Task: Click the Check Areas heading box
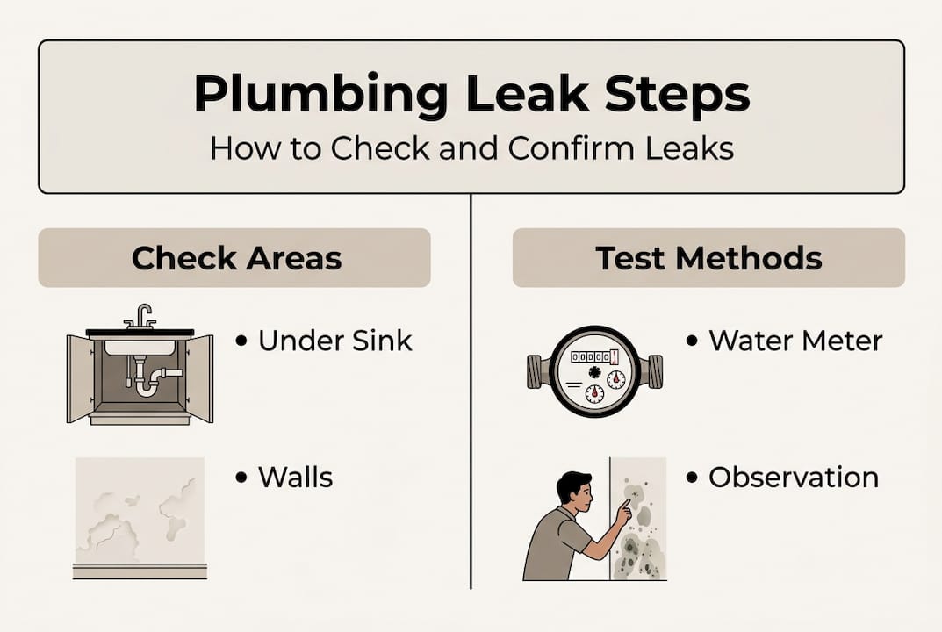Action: pos(234,258)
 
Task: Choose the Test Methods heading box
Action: pos(708,258)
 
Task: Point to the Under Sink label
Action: pos(335,341)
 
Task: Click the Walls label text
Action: pos(295,478)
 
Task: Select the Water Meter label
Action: pos(795,341)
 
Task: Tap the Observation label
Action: pos(793,478)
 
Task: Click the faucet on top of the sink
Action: pos(141,316)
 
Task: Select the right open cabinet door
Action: pos(201,377)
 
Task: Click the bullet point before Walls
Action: pos(241,478)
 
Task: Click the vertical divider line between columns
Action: pos(471,395)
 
